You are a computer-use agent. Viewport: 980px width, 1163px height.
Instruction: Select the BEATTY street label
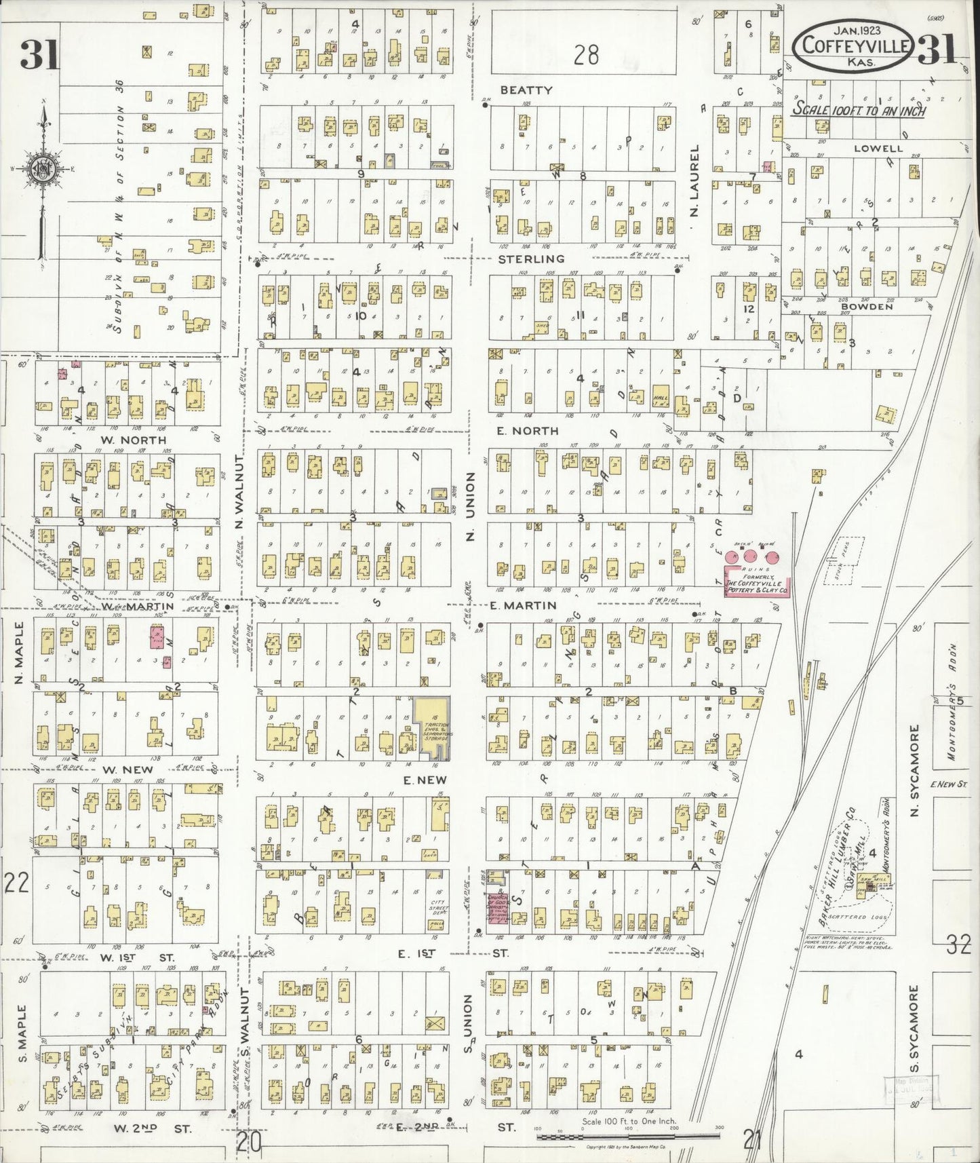coord(526,90)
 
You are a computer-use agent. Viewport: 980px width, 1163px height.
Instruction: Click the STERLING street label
coord(531,259)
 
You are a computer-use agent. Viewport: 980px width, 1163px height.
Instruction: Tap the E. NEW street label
coord(425,780)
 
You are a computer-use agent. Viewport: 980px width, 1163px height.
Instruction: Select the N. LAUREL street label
coord(694,180)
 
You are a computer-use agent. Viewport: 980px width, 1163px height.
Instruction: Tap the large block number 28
coord(585,54)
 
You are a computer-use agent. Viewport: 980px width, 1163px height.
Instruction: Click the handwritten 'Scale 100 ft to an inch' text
coord(860,110)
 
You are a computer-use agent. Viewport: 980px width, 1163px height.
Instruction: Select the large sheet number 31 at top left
coord(40,54)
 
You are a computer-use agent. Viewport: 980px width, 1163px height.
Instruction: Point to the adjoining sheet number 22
coord(16,883)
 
